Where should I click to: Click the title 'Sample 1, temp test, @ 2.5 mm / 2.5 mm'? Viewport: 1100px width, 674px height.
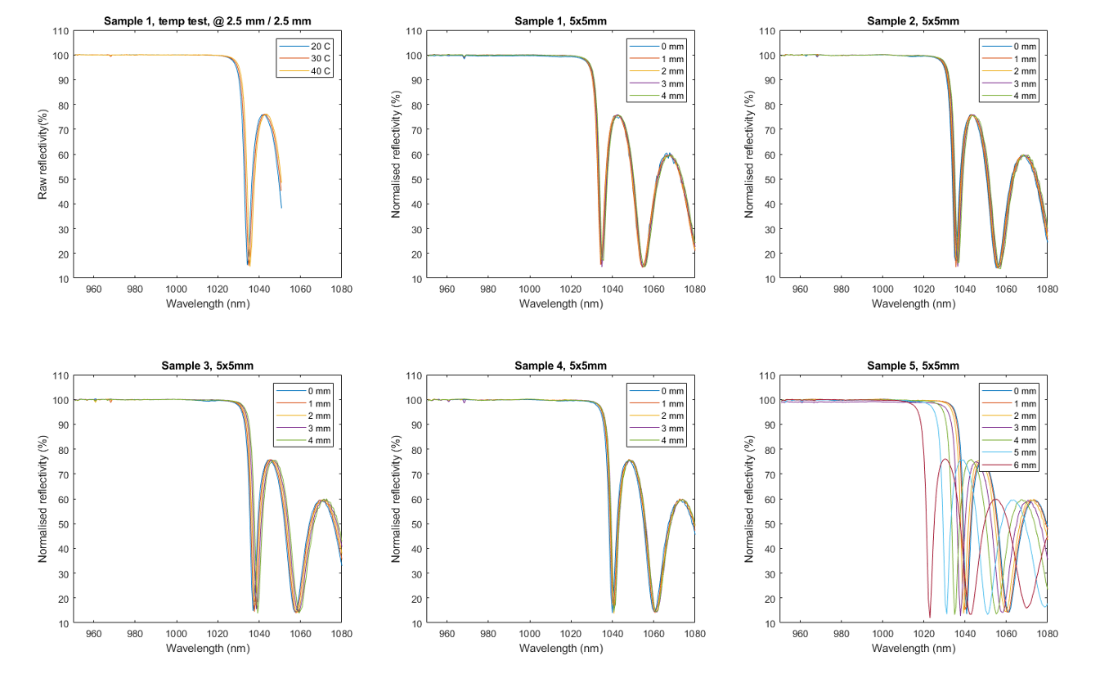click(x=208, y=20)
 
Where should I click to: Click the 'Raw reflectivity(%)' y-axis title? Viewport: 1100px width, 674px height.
click(x=43, y=155)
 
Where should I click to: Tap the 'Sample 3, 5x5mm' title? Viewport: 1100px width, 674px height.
click(x=208, y=366)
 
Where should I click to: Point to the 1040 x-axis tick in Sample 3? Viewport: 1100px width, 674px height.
click(x=259, y=633)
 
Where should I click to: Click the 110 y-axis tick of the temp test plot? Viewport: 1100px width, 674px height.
click(x=60, y=31)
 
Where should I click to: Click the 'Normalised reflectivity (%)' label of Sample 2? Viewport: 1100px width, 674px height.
click(x=749, y=155)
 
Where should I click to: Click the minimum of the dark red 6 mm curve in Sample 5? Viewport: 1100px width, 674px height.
click(x=930, y=618)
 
